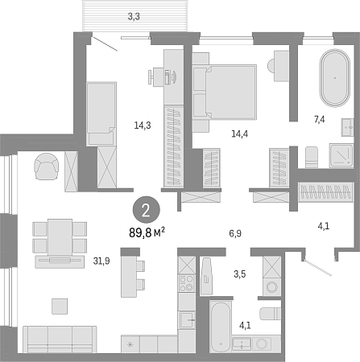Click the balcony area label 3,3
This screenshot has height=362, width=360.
coord(134,17)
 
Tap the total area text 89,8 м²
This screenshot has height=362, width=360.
coord(147,232)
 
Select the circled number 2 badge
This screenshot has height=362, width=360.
coord(147,211)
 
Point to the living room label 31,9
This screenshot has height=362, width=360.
coord(101,261)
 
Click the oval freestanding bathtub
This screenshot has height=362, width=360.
coord(335,78)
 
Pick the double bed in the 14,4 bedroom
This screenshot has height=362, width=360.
coord(225,92)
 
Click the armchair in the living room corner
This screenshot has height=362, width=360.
coord(47,167)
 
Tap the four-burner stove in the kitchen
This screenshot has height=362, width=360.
coord(187,283)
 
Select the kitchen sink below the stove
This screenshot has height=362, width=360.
coord(187,319)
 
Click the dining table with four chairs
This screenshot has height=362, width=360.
coord(60,238)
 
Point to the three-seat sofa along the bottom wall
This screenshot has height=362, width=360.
coord(60,339)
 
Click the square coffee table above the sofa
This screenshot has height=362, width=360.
coord(60,306)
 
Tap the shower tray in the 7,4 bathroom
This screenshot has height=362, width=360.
coord(341,155)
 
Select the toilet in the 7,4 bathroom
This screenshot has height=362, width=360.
coord(312,157)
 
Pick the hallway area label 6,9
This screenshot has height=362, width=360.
coord(235,233)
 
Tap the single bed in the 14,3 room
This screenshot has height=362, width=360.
coord(101,113)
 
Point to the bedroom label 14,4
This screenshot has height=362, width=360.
coord(240,134)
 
